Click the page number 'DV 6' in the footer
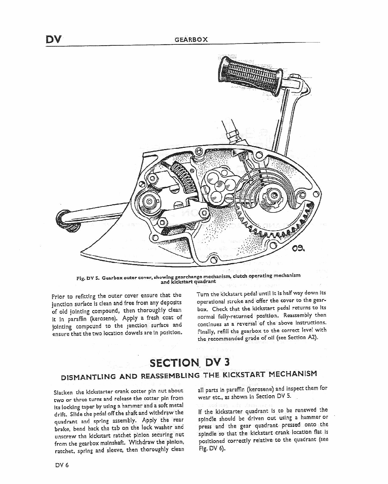61,465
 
